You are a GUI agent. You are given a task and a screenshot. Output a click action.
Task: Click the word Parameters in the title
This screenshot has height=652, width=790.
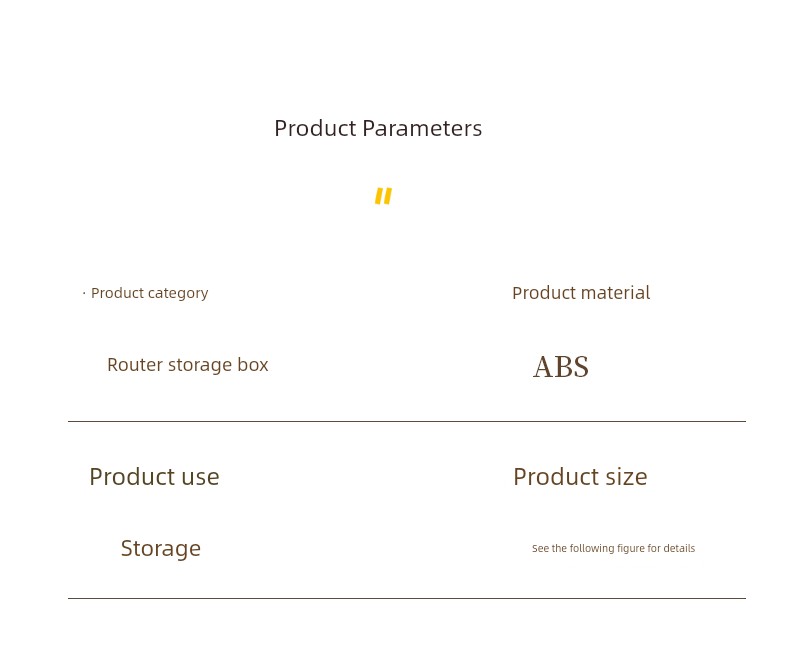tap(422, 128)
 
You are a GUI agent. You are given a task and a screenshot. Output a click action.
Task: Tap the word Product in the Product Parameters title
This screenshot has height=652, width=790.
tap(315, 128)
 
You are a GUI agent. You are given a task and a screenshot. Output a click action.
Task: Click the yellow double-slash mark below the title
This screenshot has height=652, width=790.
tap(383, 196)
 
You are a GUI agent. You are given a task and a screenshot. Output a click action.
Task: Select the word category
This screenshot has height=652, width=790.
tap(178, 293)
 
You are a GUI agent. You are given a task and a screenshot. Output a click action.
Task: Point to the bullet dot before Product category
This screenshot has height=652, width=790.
tap(84, 292)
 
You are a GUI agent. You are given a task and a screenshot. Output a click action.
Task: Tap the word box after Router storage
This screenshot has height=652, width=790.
tap(253, 364)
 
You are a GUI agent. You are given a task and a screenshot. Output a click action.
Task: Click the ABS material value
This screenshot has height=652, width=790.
tap(561, 367)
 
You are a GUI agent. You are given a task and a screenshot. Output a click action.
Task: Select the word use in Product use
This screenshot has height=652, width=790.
tap(201, 477)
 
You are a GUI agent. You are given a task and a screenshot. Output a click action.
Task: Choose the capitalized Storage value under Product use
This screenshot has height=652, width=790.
tap(161, 549)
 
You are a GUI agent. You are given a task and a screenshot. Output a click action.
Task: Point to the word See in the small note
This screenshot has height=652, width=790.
tap(541, 548)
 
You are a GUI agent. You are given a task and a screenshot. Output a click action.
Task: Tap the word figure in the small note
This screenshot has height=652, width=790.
tap(631, 549)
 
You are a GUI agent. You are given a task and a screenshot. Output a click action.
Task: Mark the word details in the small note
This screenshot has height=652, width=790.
tap(679, 548)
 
